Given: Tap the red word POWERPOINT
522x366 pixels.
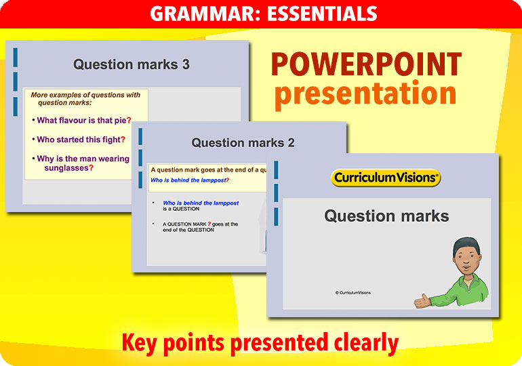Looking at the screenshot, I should point(366,65).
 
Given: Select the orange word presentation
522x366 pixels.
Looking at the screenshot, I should point(365,94).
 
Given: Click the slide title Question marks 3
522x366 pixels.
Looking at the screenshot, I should point(132,64).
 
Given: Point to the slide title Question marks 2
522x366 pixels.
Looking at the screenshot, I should point(243,142).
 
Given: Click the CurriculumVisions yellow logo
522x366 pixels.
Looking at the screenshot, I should point(386,178).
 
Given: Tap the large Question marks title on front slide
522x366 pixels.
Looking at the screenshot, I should point(386,216).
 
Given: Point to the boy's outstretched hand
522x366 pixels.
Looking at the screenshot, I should point(422,301).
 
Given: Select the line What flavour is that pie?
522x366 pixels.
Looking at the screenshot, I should point(83,120).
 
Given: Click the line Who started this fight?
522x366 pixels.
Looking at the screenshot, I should point(81,140).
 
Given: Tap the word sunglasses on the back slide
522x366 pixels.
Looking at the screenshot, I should point(68,167).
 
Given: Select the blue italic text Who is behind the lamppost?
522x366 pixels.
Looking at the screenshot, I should point(189,180).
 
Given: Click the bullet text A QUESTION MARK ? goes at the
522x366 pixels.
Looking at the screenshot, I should point(200,224).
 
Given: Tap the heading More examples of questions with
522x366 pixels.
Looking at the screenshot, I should point(85,95).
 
